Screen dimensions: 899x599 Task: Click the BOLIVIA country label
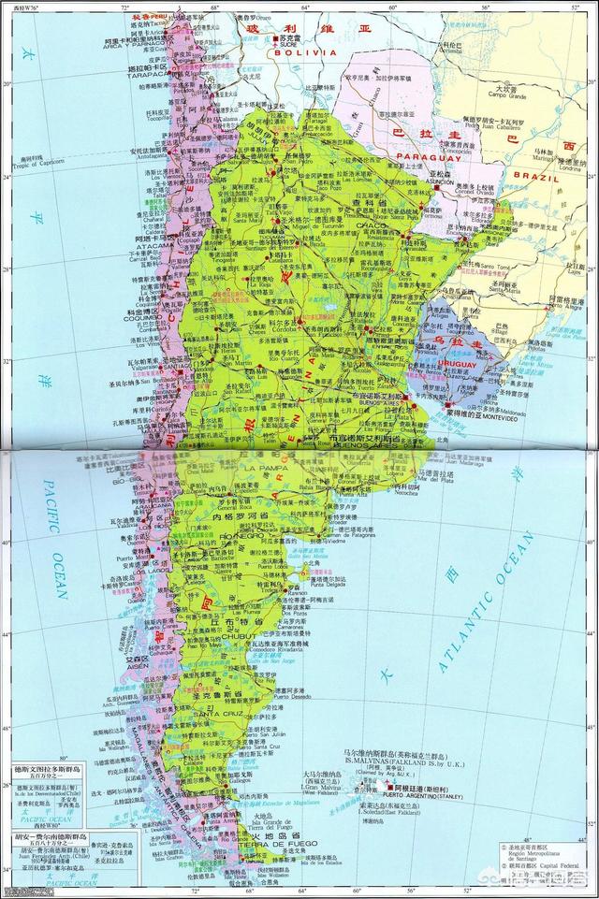tap(304, 53)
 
